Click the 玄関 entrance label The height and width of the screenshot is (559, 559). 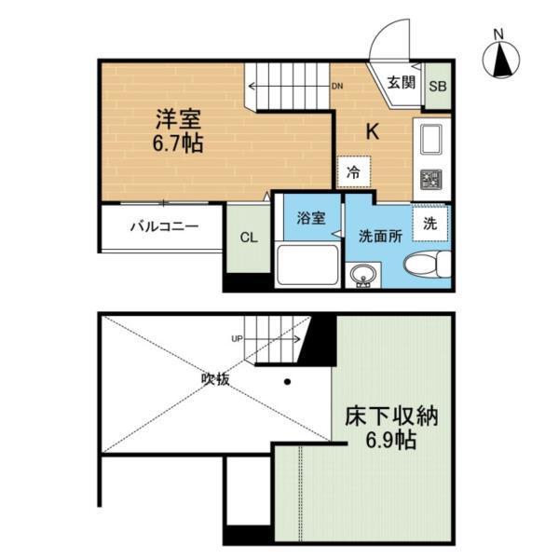click(x=401, y=82)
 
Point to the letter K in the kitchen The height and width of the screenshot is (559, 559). click(x=371, y=131)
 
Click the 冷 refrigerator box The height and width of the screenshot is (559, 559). click(x=354, y=171)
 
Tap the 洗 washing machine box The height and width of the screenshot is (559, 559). click(x=429, y=223)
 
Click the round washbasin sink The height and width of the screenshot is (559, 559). click(x=363, y=274)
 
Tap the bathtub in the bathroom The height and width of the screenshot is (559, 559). click(x=307, y=266)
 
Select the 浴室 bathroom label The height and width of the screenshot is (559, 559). click(x=311, y=219)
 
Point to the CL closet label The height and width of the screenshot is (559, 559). click(x=248, y=238)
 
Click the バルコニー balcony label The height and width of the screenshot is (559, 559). click(x=163, y=226)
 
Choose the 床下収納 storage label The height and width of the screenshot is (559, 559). click(x=390, y=416)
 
